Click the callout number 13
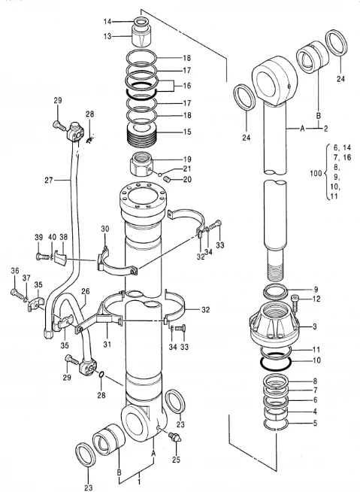coord(107,36)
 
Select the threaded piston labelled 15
coord(142,135)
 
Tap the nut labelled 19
coord(141,165)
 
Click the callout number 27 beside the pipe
coord(50,180)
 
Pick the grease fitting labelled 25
coord(175,436)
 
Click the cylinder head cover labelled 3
coord(275,324)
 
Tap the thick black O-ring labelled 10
coord(276,360)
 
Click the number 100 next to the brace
coord(316,173)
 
